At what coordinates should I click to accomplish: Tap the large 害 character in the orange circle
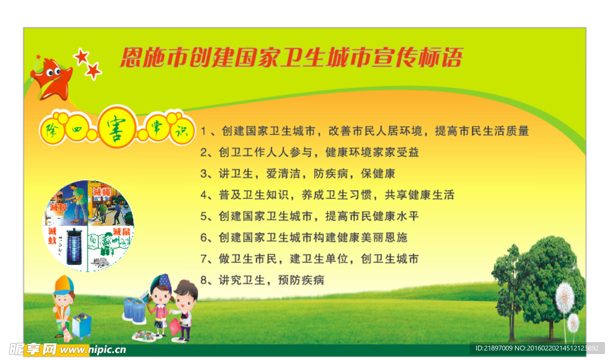tap(118, 127)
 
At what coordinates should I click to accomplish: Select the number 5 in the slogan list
tap(203, 216)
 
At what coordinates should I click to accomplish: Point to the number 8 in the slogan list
tap(203, 280)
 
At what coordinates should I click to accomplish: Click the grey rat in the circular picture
tap(102, 261)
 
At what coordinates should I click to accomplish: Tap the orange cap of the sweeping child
tap(63, 283)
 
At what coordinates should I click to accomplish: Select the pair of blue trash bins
tap(134, 310)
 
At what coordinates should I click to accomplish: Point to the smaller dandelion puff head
tap(573, 323)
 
